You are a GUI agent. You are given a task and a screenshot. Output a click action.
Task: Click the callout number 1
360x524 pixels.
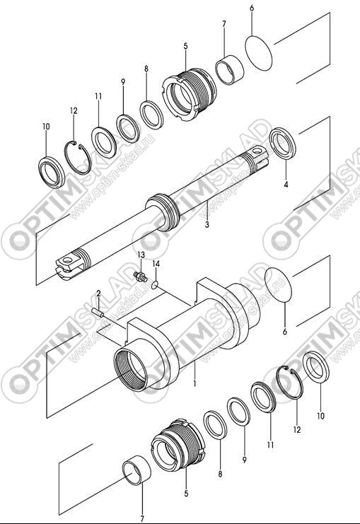pyautogui.click(x=194, y=383)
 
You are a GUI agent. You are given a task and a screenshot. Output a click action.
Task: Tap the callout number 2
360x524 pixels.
pyautogui.click(x=98, y=293)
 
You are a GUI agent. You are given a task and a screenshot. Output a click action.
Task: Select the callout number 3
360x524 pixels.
pyautogui.click(x=207, y=224)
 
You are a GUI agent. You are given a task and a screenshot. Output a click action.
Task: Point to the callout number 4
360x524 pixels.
pyautogui.click(x=286, y=184)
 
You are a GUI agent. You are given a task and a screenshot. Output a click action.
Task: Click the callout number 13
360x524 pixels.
pyautogui.click(x=141, y=255)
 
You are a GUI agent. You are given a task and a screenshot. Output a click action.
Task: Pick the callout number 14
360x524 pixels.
pyautogui.click(x=156, y=264)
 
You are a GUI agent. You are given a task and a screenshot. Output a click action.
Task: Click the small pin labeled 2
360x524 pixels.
pyautogui.click(x=98, y=312)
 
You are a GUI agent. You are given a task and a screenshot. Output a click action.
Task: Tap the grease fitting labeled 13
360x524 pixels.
pyautogui.click(x=140, y=276)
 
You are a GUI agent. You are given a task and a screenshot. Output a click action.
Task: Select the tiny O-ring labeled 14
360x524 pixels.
pyautogui.click(x=154, y=284)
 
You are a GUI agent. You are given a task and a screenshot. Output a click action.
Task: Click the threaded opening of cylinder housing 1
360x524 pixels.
pyautogui.click(x=131, y=369)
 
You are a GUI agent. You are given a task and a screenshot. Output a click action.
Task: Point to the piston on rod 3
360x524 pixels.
pyautogui.click(x=163, y=211)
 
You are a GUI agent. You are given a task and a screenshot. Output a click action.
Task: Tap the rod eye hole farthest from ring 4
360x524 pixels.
pyautogui.click(x=69, y=260)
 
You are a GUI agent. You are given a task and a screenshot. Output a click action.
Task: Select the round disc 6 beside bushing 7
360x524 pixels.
pyautogui.click(x=259, y=53)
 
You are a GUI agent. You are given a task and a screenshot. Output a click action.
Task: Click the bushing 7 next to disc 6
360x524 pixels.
pyautogui.click(x=229, y=69)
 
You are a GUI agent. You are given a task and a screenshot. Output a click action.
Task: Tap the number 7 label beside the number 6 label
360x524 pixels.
pyautogui.click(x=224, y=24)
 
